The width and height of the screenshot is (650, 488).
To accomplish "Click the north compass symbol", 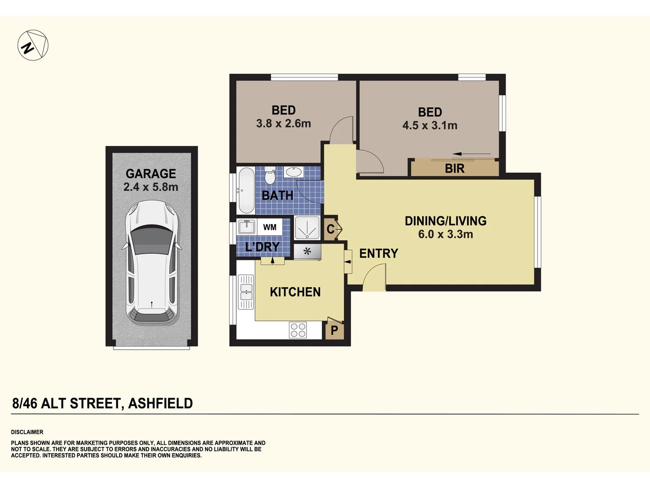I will (x=33, y=45).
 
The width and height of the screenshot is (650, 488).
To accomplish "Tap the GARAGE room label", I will (x=151, y=174).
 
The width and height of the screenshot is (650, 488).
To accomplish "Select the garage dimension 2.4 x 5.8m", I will (x=151, y=187).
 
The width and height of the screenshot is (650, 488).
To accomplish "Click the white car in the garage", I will (x=152, y=262).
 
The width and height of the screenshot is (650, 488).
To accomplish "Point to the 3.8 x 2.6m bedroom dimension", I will (x=283, y=123).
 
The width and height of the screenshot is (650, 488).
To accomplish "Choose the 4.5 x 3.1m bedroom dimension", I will (x=430, y=126).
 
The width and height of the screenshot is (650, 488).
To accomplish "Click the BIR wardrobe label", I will (x=455, y=169).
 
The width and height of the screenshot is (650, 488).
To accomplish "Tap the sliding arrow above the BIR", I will (x=471, y=155).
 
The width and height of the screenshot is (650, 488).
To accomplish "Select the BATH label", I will (x=278, y=196).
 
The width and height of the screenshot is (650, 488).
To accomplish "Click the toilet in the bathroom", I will (x=270, y=176).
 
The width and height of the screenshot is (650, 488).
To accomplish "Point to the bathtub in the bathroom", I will (x=246, y=191).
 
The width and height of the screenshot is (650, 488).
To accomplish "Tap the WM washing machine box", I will (x=270, y=227).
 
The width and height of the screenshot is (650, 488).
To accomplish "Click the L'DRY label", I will (x=262, y=247).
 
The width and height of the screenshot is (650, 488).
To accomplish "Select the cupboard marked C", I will (x=331, y=229).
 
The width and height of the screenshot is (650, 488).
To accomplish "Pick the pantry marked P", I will (x=334, y=330).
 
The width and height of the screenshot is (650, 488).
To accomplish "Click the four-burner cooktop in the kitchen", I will (x=298, y=330).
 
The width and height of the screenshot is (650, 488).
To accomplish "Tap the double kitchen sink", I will (x=246, y=291).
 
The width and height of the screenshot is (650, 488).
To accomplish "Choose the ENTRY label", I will (x=379, y=253).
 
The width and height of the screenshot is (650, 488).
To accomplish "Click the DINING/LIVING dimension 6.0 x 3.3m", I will (x=446, y=234).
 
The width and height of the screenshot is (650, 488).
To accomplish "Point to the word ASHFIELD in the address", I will (x=161, y=404).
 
